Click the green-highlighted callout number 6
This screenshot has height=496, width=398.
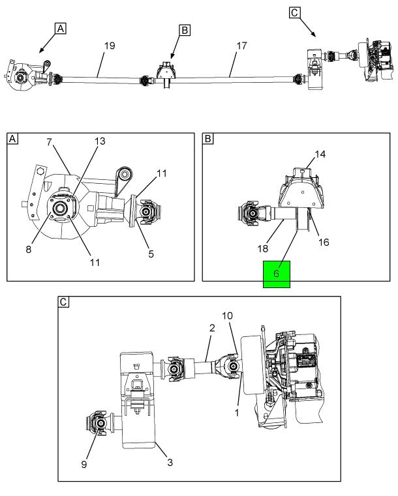276,273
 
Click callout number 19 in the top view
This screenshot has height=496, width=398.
110,46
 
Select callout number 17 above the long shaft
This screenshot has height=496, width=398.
241,46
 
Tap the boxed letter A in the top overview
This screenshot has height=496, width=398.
61,29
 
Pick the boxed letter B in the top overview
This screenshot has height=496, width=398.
185,31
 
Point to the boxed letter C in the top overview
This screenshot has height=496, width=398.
294,12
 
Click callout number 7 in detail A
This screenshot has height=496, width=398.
49,142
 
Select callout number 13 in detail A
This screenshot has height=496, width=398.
100,141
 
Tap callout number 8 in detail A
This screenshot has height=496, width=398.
29,249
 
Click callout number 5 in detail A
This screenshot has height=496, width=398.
151,254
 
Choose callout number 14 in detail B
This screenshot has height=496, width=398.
320,154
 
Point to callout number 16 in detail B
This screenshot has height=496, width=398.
324,242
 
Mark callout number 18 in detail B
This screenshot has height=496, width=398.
263,248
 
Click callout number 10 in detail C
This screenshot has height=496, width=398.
227,315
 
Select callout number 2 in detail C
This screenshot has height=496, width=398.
212,328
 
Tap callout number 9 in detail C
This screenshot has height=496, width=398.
84,464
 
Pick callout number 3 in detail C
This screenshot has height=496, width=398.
170,463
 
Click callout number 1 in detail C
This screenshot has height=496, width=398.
237,413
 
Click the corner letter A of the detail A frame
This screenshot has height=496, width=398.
12,139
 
